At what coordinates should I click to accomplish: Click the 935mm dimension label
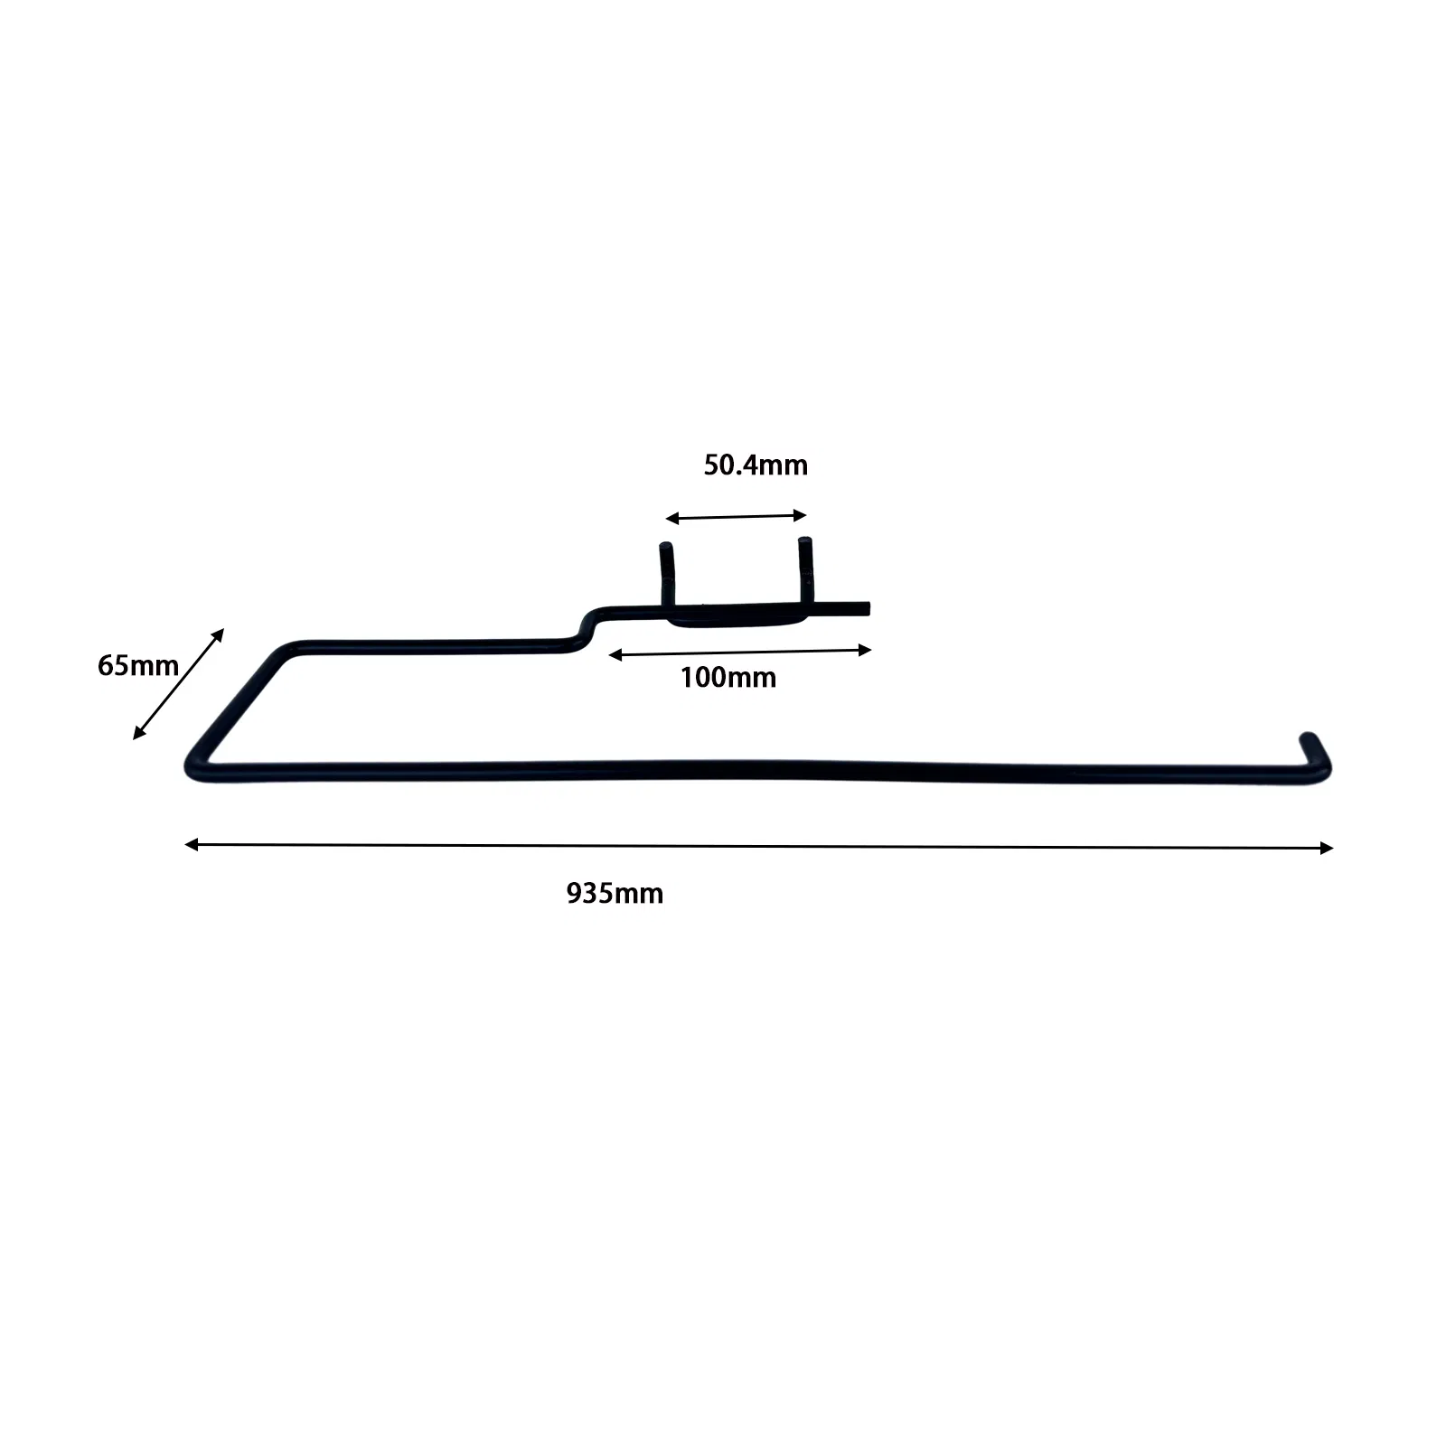coord(615,894)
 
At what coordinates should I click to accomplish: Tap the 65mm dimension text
coord(138,666)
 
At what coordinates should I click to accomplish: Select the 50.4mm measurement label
coord(756,465)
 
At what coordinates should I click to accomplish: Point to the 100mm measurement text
coord(728,678)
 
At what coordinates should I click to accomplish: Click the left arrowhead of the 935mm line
coord(191,844)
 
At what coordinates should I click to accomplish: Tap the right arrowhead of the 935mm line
coord(1327,848)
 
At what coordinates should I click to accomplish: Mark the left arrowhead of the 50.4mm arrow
coord(671,519)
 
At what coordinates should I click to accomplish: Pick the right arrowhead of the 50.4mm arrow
coord(800,515)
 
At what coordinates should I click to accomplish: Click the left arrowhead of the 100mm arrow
coord(615,654)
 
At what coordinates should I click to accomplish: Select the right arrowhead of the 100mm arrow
coord(865,650)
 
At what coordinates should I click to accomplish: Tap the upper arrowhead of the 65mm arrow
coord(218,634)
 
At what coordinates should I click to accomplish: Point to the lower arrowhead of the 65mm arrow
coord(139,733)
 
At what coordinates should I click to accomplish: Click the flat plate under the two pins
coord(734,618)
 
